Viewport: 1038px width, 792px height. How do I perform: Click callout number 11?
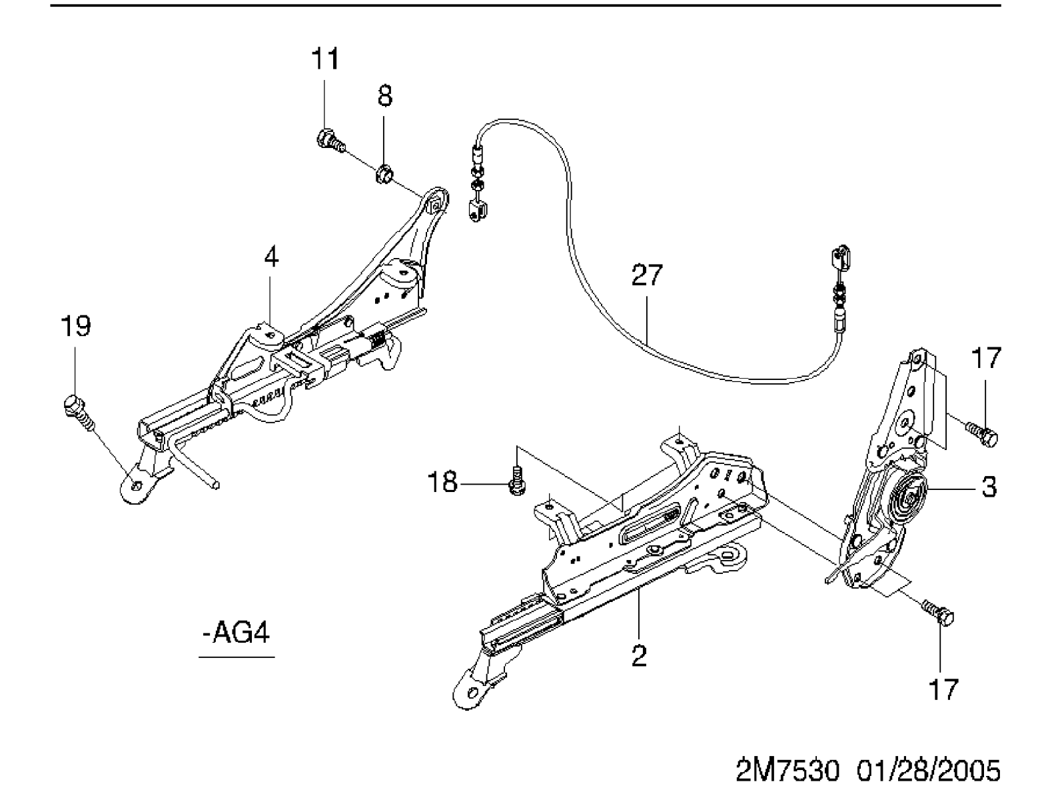325,59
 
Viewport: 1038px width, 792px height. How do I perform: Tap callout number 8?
384,95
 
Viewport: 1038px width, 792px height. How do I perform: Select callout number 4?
271,257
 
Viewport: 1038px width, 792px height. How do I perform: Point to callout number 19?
76,327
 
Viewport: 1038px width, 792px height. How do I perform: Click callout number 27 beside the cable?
647,275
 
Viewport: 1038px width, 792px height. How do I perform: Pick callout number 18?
442,483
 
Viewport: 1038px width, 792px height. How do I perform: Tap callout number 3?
989,487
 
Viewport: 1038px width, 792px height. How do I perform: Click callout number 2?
639,656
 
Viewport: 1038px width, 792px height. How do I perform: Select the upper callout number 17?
986,358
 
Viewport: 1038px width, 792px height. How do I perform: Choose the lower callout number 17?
943,689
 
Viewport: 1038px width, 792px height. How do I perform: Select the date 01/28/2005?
928,770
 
